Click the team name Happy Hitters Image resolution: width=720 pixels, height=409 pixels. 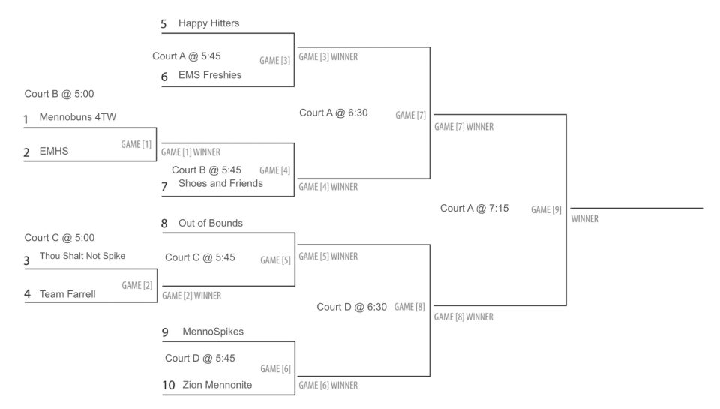pyautogui.click(x=208, y=23)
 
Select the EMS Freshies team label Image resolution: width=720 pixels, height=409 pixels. pyautogui.click(x=210, y=75)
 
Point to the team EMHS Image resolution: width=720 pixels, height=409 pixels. pyautogui.click(x=54, y=151)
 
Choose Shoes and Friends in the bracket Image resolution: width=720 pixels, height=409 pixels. pyautogui.click(x=220, y=183)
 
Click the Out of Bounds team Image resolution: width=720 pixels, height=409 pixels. pyautogui.click(x=211, y=224)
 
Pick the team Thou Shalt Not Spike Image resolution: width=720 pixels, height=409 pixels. pyautogui.click(x=82, y=256)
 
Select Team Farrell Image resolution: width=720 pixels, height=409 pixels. pyautogui.click(x=67, y=294)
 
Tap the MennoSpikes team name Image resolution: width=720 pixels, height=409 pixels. pyautogui.click(x=213, y=332)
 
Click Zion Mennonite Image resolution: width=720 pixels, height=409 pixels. pyautogui.click(x=217, y=385)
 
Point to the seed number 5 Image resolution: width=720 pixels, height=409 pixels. pyautogui.click(x=163, y=24)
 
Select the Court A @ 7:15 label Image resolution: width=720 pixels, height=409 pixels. pyautogui.click(x=474, y=209)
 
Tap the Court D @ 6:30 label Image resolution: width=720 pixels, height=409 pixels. pyautogui.click(x=352, y=307)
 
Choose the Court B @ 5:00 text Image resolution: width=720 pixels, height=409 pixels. pyautogui.click(x=59, y=95)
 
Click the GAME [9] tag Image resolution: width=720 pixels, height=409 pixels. pyautogui.click(x=546, y=210)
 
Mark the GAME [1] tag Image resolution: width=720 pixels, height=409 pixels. pyautogui.click(x=136, y=144)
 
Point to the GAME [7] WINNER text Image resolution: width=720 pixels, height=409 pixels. pyautogui.click(x=463, y=127)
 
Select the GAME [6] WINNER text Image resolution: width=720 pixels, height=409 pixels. pyautogui.click(x=328, y=386)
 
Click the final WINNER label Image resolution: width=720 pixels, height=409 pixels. pyautogui.click(x=584, y=219)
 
